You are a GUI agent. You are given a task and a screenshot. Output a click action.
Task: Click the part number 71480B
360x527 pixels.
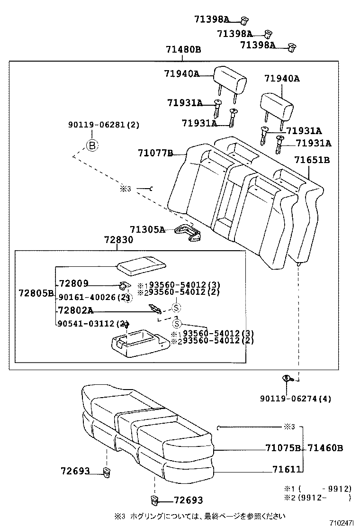[183, 49]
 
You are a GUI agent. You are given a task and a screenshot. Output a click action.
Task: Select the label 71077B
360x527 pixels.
[155, 153]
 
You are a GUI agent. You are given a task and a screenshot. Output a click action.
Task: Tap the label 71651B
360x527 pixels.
[312, 160]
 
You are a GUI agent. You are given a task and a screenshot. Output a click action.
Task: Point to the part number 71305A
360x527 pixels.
[147, 230]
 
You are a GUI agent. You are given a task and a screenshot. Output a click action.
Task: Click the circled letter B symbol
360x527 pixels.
[92, 145]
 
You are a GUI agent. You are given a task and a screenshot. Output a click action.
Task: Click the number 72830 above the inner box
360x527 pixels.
[118, 240]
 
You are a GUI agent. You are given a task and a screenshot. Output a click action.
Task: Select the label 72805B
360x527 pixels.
[36, 293]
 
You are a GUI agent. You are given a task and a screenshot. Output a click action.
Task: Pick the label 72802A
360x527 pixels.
[75, 310]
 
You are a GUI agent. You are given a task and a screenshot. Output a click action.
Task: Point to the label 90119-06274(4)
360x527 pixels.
[296, 399]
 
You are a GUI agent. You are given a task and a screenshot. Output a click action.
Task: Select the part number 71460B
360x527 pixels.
[325, 447]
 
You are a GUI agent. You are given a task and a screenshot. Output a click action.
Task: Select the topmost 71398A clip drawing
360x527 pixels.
[244, 20]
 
